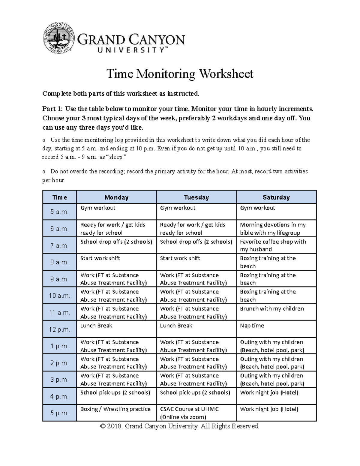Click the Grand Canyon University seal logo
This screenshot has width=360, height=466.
(x=59, y=39)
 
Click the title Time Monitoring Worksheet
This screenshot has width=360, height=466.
(x=180, y=74)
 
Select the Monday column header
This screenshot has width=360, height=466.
(x=116, y=197)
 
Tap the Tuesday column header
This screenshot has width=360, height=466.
(x=196, y=197)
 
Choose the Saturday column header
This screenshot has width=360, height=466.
(x=276, y=197)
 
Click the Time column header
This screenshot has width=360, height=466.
(x=60, y=197)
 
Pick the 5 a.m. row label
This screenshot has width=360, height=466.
(x=60, y=212)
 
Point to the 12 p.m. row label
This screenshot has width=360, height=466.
(x=60, y=329)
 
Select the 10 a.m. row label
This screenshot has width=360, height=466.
(x=60, y=296)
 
